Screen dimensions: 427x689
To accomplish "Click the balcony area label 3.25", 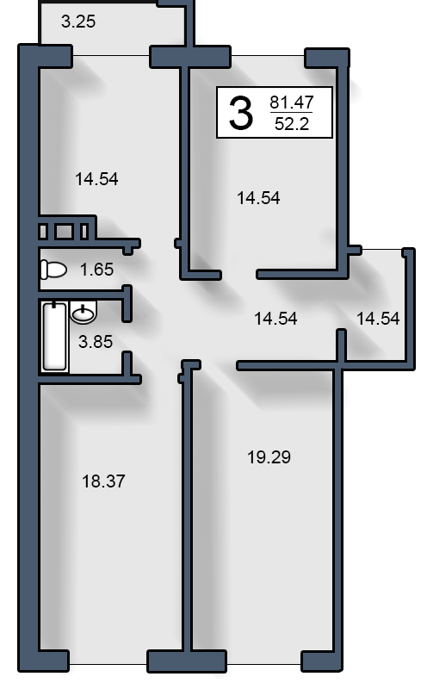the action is pyautogui.click(x=78, y=22).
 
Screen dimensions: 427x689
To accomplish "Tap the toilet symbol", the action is pyautogui.click(x=53, y=270).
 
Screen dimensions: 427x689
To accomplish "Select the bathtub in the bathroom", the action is pyautogui.click(x=55, y=337).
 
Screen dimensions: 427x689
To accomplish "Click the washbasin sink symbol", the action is pyautogui.click(x=83, y=313).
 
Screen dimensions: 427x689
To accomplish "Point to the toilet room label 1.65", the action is pyautogui.click(x=96, y=270).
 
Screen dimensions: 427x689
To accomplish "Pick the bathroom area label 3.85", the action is pyautogui.click(x=96, y=341).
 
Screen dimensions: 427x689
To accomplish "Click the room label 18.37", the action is pyautogui.click(x=103, y=481).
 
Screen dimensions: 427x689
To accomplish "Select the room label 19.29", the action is pyautogui.click(x=269, y=457).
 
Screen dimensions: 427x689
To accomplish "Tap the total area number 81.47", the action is pyautogui.click(x=291, y=102).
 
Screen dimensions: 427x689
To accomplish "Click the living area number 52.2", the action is pyautogui.click(x=291, y=124).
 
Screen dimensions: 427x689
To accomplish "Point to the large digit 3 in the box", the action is pyautogui.click(x=241, y=114).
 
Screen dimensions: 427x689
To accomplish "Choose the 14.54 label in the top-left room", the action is pyautogui.click(x=96, y=179).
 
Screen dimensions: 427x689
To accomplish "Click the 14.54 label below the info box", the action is pyautogui.click(x=258, y=198).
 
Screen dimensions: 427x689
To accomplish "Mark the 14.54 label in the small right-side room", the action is pyautogui.click(x=378, y=319).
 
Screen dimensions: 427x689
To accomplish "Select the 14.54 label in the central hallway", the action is pyautogui.click(x=275, y=319).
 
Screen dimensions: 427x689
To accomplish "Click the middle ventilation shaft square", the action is pyautogui.click(x=65, y=232).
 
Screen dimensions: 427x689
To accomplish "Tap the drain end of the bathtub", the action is pyautogui.click(x=54, y=305).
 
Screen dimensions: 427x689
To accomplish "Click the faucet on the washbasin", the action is pyautogui.click(x=83, y=308).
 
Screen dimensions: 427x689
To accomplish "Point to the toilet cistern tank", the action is pyautogui.click(x=44, y=270).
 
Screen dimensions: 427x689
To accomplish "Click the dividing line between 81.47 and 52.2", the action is pyautogui.click(x=291, y=113).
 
